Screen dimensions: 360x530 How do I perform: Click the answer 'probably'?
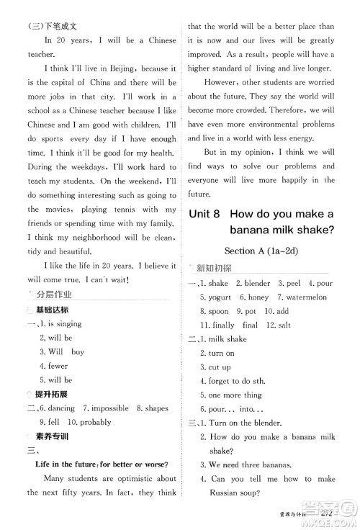click(x=90, y=422)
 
